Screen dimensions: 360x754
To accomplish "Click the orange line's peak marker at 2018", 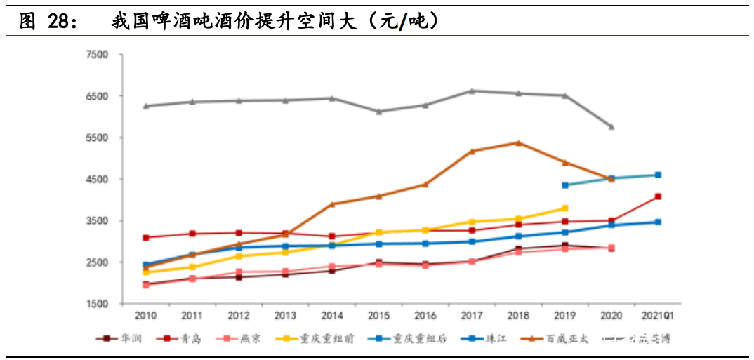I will tap(518, 142).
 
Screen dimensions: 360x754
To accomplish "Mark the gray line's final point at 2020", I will tap(611, 127).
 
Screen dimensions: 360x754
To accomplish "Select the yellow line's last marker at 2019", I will tap(564, 208).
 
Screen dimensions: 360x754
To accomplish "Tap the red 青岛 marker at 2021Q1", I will tap(658, 196).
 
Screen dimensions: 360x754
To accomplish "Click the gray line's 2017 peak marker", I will tap(472, 91).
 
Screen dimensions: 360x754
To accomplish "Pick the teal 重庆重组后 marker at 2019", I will tap(564, 185).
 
